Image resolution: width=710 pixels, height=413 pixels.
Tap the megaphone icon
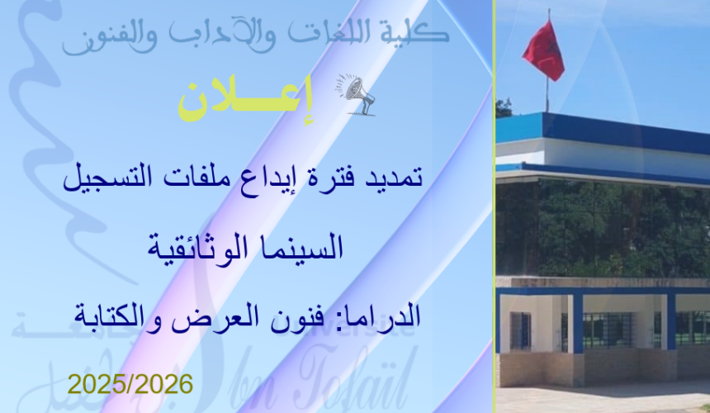[356, 93]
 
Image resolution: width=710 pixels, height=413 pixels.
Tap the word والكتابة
[140, 315]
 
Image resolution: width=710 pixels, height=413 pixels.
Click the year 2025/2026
[130, 384]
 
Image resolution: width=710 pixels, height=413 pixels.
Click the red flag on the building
[544, 51]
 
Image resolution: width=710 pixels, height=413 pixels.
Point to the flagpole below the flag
[547, 96]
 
